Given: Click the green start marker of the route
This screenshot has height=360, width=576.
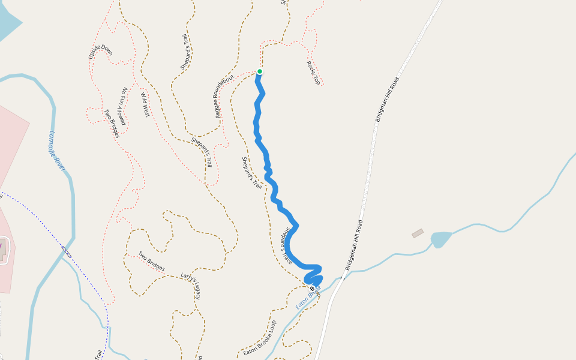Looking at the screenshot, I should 260,71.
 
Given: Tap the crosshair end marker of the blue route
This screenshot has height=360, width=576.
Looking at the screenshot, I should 312,289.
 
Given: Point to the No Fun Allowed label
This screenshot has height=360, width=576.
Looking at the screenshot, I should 122,106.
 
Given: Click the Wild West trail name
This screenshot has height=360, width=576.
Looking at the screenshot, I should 145,104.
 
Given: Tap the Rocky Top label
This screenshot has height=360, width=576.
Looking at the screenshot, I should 313,72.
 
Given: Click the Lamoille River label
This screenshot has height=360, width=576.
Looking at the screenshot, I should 56,151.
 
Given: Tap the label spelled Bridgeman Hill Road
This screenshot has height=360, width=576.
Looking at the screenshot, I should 355,245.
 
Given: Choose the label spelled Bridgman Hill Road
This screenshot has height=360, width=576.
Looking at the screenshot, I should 387,100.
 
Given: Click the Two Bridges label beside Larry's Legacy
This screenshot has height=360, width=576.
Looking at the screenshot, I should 151,261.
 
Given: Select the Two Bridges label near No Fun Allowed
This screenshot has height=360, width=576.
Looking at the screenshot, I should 111,123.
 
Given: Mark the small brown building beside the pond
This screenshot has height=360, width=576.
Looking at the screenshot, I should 418,233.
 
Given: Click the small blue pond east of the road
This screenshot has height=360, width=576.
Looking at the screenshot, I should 440,239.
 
